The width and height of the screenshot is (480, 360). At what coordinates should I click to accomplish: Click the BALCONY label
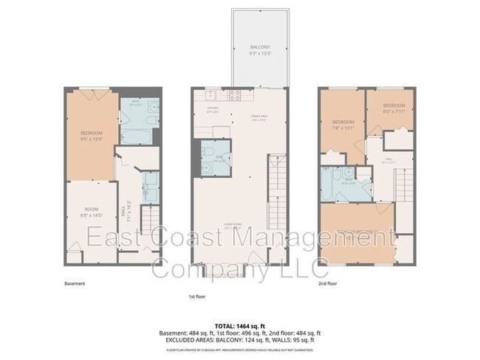click(x=259, y=51)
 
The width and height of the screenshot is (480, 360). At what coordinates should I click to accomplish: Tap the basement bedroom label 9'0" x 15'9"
click(x=92, y=136)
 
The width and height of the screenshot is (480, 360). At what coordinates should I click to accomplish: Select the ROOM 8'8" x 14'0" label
click(x=89, y=212)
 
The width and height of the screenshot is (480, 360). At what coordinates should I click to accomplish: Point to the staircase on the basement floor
click(x=150, y=221)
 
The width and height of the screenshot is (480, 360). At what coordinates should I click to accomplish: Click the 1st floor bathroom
click(x=215, y=159)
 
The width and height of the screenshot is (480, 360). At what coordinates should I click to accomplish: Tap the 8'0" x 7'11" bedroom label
click(x=393, y=108)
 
